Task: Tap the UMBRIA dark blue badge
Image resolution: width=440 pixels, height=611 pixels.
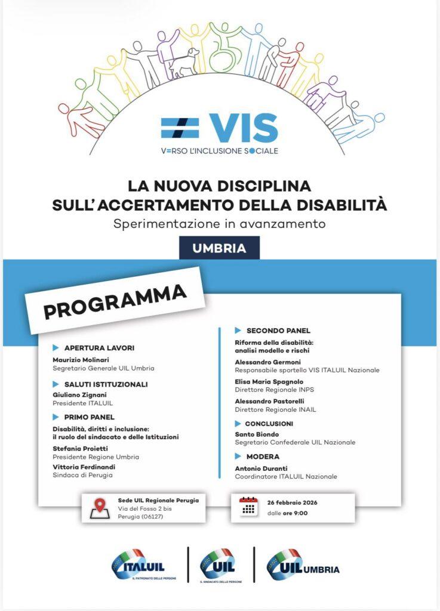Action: tap(219, 248)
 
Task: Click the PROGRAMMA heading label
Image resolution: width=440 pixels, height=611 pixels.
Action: tap(115, 302)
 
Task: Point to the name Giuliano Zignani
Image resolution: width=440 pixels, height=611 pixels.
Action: tap(78, 395)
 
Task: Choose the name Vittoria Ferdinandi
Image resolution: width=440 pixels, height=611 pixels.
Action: tap(83, 467)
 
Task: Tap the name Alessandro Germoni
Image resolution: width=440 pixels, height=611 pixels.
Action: tap(267, 362)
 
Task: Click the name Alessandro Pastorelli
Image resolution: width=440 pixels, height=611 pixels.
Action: tap(270, 401)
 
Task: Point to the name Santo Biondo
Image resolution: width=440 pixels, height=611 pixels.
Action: tap(257, 434)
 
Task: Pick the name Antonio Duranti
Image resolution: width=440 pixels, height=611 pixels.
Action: tap(261, 468)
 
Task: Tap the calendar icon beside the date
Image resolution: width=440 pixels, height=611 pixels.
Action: tap(249, 507)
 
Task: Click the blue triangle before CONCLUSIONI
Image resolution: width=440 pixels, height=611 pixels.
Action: tap(238, 424)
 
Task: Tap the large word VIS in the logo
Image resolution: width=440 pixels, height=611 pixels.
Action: tap(244, 128)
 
